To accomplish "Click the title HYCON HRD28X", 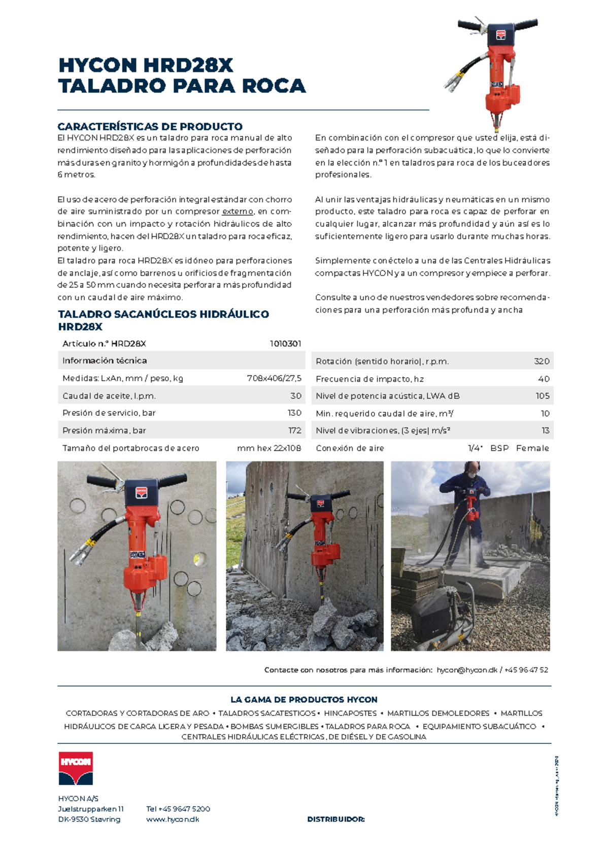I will pos(146,65).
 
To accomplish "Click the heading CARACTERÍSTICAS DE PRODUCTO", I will pos(150,126).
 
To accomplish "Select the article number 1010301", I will pos(285,344).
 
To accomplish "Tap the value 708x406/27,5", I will pos(274,378).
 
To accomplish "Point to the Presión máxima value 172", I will pos(295,431).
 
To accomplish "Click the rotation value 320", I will pos(542,362).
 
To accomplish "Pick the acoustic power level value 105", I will pos(543,396).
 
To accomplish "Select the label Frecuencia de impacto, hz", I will pos(369,379).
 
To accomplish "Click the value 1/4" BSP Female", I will pos(508,448).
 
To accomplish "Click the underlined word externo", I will pos(237,211).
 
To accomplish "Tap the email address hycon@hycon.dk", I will pos(467,670).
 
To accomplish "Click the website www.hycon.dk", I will pos(173,819).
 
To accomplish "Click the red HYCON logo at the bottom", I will pos(76,768).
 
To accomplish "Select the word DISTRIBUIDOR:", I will pos(335,819).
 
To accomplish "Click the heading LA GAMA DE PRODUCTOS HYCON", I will pos(303,700).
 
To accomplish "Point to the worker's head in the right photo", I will pos(472,469).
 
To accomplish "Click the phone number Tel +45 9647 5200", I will pos(178,809).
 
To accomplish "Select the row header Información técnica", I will pos(105,361).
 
